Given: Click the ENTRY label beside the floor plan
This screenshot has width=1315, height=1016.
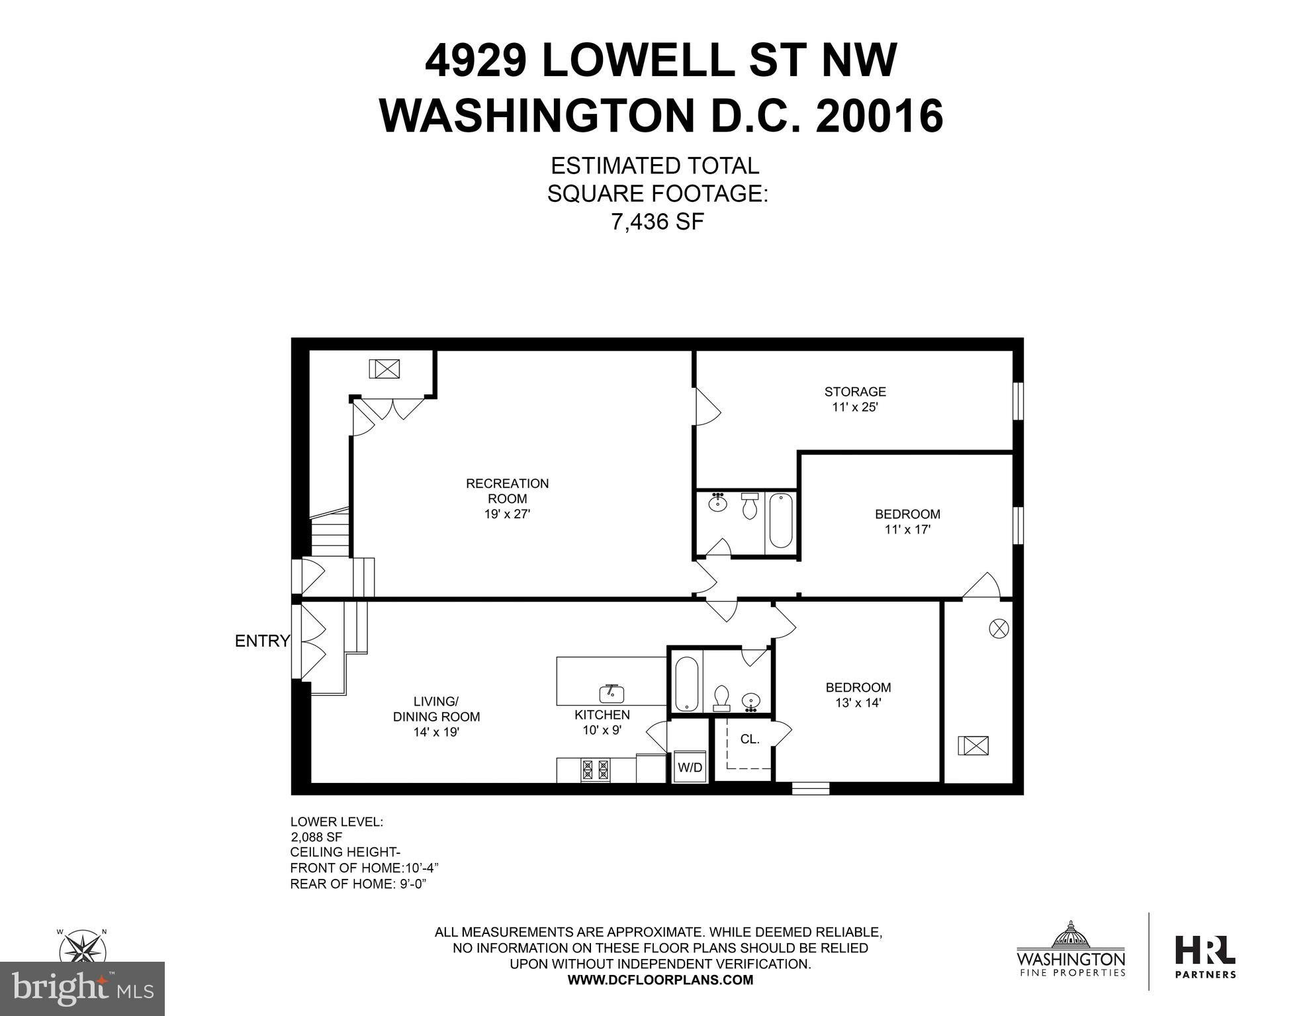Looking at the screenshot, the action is (262, 641).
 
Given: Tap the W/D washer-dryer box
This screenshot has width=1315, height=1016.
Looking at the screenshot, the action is (690, 767).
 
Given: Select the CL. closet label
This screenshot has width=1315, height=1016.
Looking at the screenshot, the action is (750, 739).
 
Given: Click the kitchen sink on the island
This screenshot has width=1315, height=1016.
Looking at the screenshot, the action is (612, 693).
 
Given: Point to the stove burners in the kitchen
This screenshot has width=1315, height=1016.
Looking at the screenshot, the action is (595, 770).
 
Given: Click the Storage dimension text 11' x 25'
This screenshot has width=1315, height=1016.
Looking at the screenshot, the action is (855, 407).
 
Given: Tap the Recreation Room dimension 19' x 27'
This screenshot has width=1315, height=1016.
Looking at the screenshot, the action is (508, 514).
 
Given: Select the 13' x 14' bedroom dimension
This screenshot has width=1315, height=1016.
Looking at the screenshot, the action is (858, 703).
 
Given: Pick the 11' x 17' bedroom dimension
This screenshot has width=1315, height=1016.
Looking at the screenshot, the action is (907, 530).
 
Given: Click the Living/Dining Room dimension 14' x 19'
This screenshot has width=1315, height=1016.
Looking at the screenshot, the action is (437, 732).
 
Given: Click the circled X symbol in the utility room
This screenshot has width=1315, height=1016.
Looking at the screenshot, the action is (999, 628).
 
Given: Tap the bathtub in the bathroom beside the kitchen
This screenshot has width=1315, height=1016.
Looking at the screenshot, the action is (685, 684).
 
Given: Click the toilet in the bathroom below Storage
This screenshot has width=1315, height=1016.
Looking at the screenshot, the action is (749, 506).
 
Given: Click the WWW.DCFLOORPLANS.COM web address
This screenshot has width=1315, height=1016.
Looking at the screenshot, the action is (660, 980).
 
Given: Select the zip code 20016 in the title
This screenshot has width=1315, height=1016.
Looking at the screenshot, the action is (879, 116).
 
